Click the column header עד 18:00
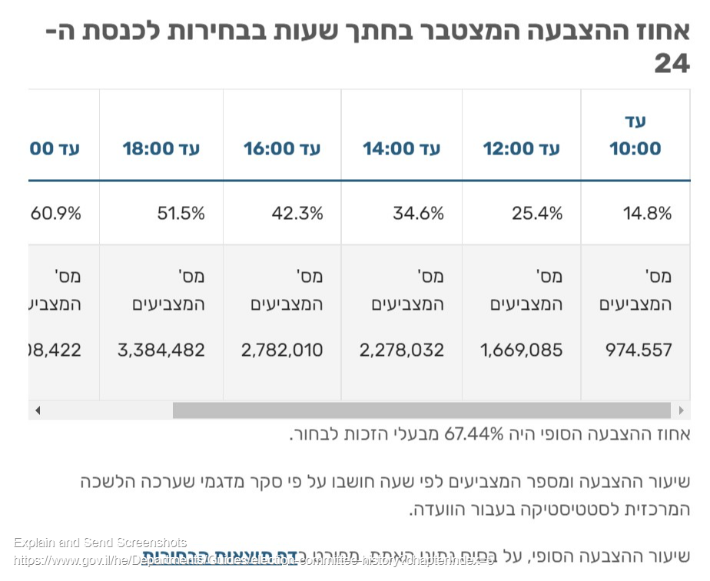point(161,148)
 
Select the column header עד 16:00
point(282,148)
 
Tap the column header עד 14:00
point(402,148)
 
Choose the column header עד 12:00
point(522,148)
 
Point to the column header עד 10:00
point(635,135)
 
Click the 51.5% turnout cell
point(181,214)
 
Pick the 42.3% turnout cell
point(297,214)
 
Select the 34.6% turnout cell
point(418,214)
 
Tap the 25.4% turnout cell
point(537,214)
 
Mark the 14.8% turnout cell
point(648,214)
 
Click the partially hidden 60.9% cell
point(55,214)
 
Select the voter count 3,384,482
point(161,350)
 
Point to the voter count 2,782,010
point(282,350)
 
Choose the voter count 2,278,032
point(402,350)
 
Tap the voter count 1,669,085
point(522,350)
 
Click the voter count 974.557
point(639,350)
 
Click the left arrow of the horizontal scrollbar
point(37,410)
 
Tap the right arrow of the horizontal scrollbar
point(680,410)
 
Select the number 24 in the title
point(672,65)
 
